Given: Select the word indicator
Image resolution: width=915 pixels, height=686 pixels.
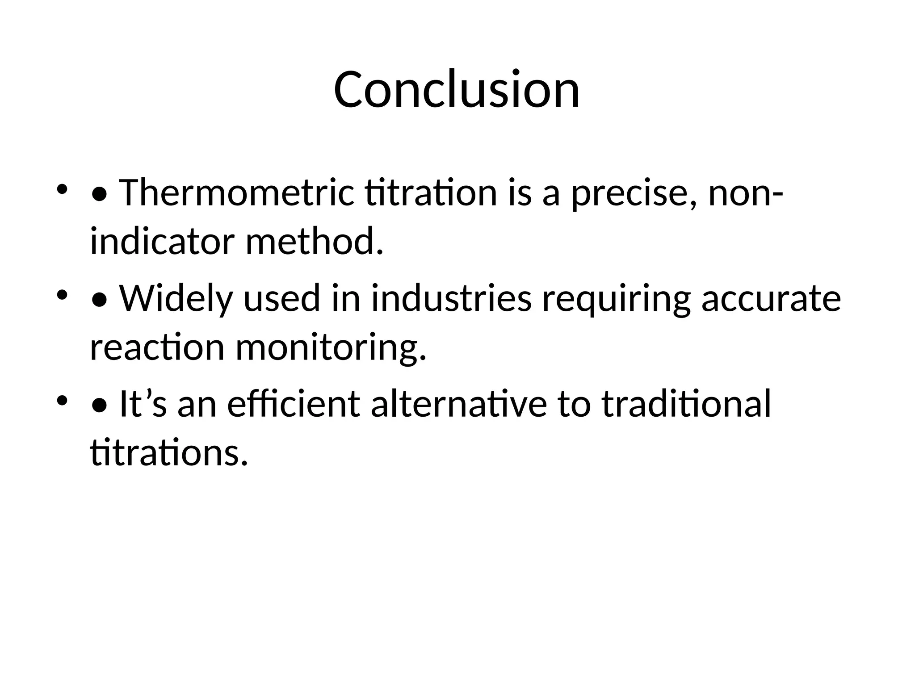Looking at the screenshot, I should click(162, 242).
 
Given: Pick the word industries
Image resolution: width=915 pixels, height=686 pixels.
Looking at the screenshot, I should click(451, 298).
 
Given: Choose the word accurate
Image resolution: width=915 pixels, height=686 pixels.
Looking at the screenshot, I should click(771, 298).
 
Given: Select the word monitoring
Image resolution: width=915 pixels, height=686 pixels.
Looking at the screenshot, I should click(331, 347).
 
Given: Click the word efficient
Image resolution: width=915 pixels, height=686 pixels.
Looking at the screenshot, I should click(294, 404).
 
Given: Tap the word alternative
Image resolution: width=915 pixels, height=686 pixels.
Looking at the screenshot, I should click(459, 404).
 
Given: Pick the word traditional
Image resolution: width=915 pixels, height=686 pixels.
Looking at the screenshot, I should click(686, 404).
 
